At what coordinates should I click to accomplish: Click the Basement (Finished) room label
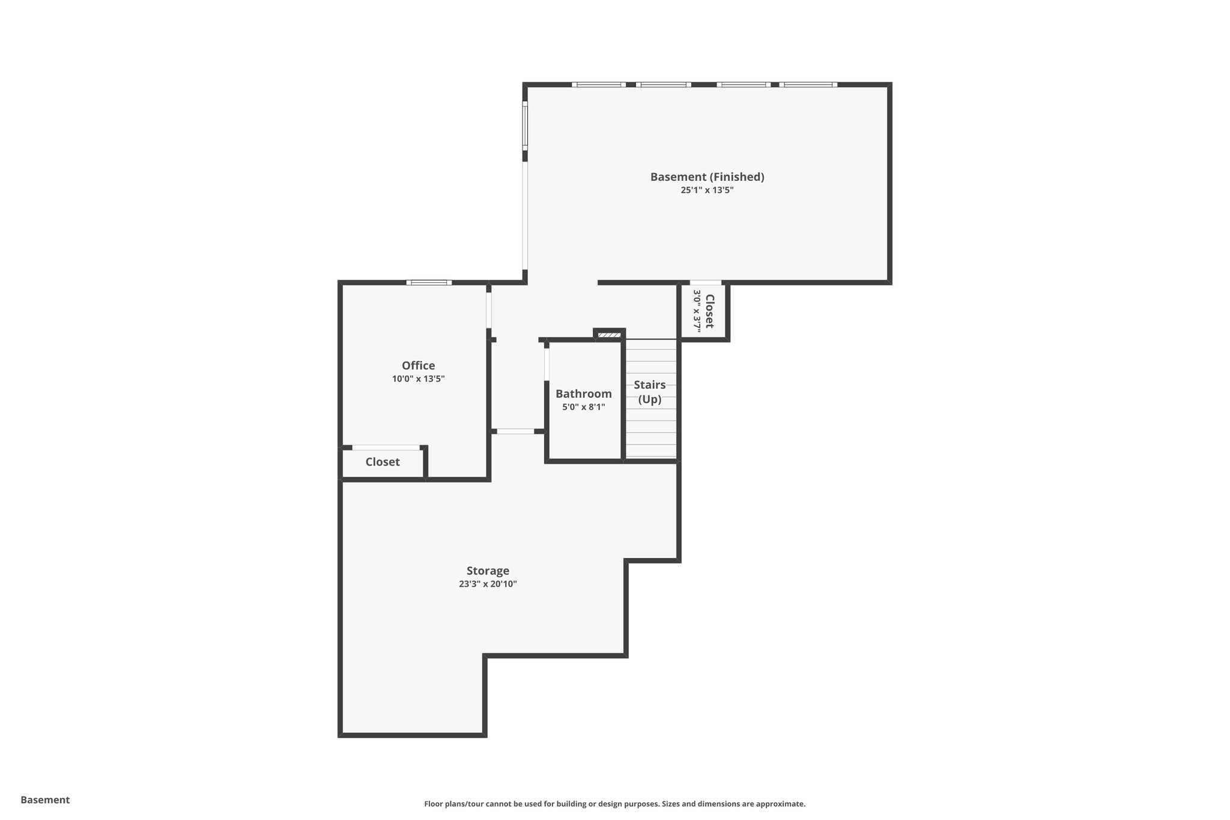(x=707, y=177)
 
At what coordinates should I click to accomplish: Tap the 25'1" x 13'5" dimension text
(x=707, y=190)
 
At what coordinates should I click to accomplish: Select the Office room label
(x=418, y=365)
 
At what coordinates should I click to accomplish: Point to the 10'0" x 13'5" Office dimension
(x=418, y=379)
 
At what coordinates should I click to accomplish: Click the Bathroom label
(x=583, y=393)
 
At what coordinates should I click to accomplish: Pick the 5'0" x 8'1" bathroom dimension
(x=583, y=407)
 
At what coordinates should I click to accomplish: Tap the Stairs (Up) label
(x=650, y=392)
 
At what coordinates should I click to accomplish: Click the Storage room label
(x=488, y=571)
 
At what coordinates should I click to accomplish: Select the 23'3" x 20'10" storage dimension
(x=488, y=584)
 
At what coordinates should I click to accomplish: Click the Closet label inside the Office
(x=383, y=462)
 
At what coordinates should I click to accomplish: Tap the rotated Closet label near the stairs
(x=710, y=311)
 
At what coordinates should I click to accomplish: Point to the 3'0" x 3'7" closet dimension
(x=697, y=311)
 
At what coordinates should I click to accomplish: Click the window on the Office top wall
(x=429, y=282)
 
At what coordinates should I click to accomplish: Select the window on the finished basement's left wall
(x=525, y=124)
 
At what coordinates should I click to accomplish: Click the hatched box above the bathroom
(x=609, y=335)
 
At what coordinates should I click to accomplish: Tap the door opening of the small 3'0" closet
(x=705, y=282)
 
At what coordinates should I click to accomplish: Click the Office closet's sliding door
(x=386, y=448)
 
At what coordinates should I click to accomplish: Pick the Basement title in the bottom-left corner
(x=45, y=800)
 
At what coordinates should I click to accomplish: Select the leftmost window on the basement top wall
(x=598, y=85)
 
